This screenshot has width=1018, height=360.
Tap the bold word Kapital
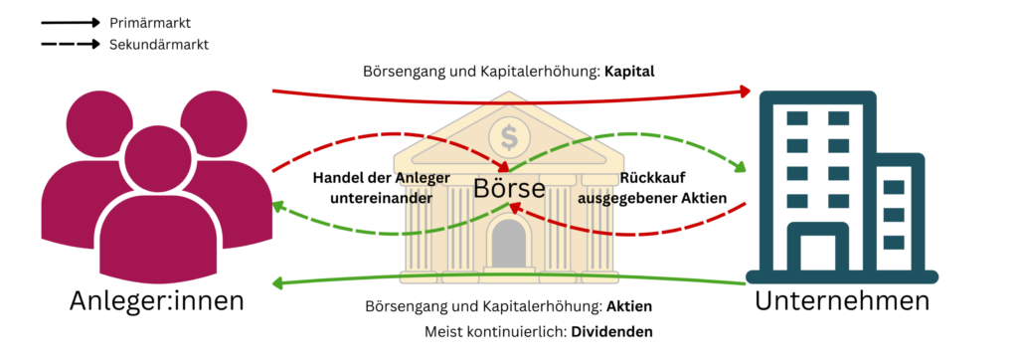click(629, 72)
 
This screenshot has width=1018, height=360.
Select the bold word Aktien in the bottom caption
click(628, 305)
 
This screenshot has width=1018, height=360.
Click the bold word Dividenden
click(610, 330)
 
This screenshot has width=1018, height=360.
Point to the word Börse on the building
click(509, 187)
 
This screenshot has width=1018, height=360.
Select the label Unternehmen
click(842, 299)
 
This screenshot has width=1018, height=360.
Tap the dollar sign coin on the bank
click(510, 132)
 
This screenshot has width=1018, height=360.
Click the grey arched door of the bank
click(510, 245)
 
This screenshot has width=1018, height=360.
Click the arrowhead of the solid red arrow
click(747, 92)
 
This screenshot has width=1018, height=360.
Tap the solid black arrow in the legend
click(70, 21)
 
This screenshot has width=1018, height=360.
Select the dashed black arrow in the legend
click(70, 44)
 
